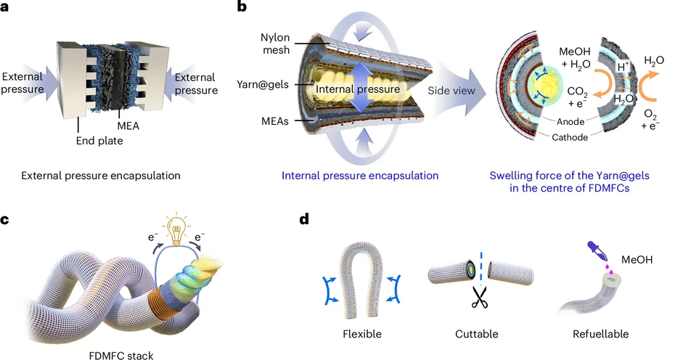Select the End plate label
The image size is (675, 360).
(x=99, y=140)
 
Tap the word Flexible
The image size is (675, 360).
(x=362, y=335)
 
